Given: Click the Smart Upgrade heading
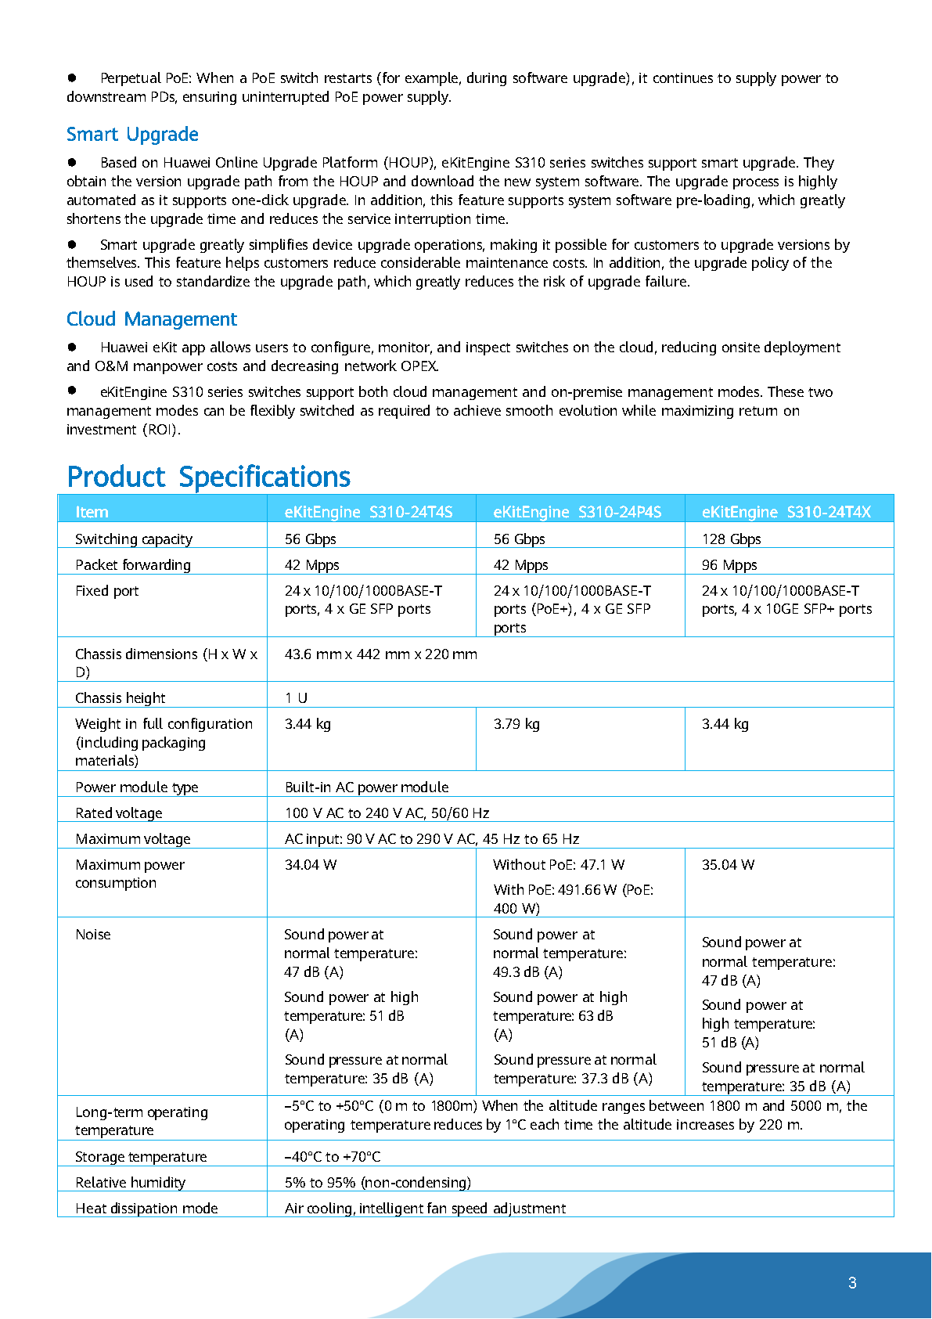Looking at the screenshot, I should [x=132, y=135].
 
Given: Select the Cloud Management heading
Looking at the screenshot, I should [x=151, y=319].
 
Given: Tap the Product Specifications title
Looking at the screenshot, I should [x=208, y=477].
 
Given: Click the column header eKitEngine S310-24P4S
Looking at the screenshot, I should [x=577, y=512].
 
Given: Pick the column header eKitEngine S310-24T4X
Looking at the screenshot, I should [x=786, y=512].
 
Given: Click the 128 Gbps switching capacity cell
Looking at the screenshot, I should [x=731, y=539].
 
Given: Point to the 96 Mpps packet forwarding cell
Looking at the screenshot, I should [x=729, y=565].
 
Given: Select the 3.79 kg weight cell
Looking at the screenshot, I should [x=516, y=724].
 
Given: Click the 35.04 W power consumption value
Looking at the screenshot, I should [x=728, y=865].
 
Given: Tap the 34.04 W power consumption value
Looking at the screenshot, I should [x=311, y=865].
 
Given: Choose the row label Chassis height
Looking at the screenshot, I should [x=121, y=698].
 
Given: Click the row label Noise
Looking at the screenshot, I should [x=93, y=935].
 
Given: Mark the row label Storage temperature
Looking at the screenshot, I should [x=141, y=1157].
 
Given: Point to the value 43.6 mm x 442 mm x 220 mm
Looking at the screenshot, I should [x=380, y=654].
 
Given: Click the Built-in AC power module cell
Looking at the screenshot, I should [x=366, y=787].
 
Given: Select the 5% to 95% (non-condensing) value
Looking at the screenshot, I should [x=377, y=1183].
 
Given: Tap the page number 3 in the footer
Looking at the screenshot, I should [x=852, y=1283].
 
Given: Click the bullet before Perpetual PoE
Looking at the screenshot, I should [x=72, y=77].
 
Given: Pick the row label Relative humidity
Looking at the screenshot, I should [x=130, y=1183].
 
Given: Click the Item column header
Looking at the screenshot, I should [x=92, y=512].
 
